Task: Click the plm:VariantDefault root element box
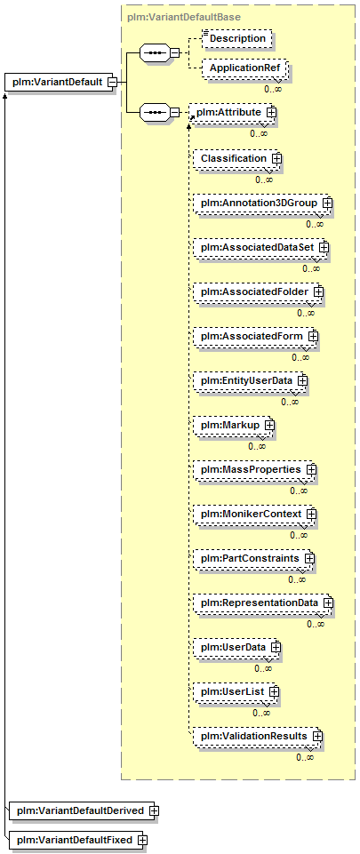[60, 83]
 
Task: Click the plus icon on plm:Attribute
[271, 111]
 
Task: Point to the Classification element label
[234, 158]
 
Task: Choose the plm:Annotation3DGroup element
[262, 203]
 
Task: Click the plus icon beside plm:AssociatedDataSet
[324, 247]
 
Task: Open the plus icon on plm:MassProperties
[311, 469]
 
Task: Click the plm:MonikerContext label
[251, 514]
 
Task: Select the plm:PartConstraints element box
[254, 558]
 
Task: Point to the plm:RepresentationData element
[263, 603]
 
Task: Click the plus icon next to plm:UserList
[274, 691]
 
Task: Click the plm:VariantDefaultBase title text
[183, 17]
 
